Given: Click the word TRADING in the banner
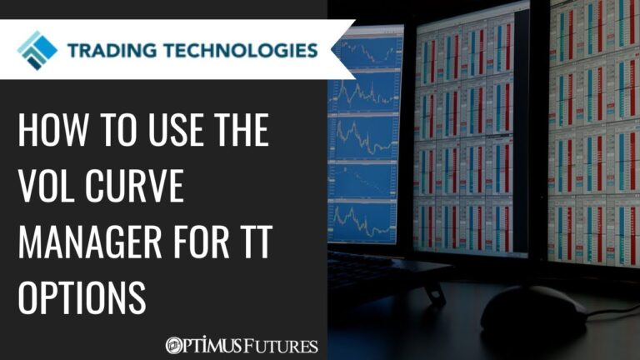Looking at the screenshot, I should point(112,50).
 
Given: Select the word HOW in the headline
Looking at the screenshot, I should point(50,132).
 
